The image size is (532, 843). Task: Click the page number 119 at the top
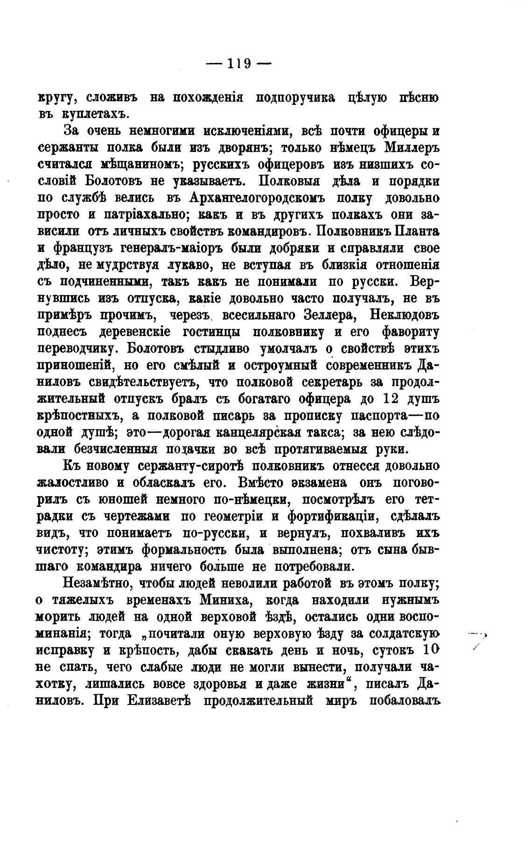point(238,63)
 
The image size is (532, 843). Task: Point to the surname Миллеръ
point(411,148)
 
